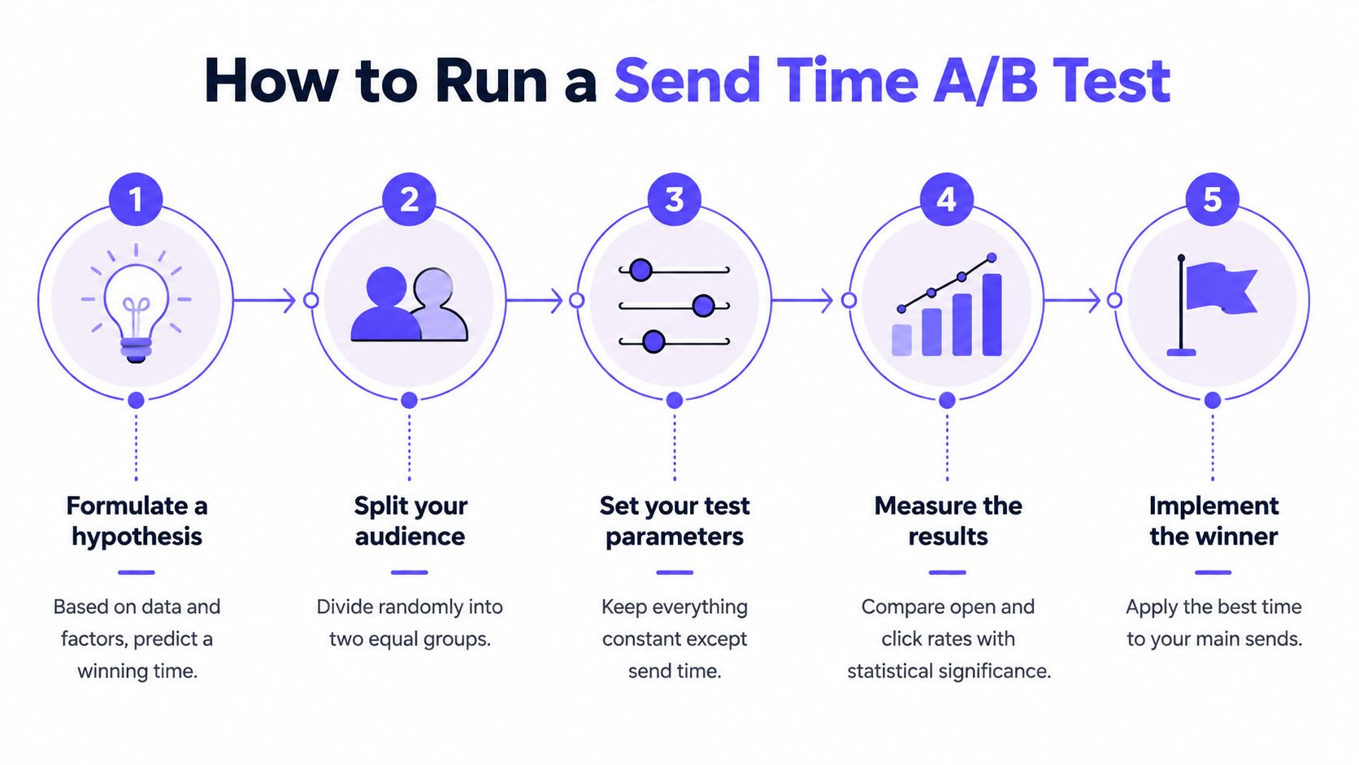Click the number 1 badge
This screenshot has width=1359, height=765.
136,200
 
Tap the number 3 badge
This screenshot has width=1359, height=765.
674,200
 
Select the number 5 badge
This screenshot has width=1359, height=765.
1212,200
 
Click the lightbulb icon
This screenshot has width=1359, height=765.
136,303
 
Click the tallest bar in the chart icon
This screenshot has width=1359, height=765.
992,315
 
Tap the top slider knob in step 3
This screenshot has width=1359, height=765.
640,270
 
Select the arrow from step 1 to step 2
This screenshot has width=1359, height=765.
264,300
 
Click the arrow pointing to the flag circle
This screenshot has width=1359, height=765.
1072,300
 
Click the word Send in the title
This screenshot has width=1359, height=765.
688,81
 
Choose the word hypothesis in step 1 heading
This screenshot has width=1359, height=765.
137,537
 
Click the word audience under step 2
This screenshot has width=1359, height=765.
410,537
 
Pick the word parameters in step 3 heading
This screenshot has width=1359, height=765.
674,537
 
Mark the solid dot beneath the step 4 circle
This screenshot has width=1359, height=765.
947,401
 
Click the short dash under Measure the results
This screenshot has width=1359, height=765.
947,572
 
